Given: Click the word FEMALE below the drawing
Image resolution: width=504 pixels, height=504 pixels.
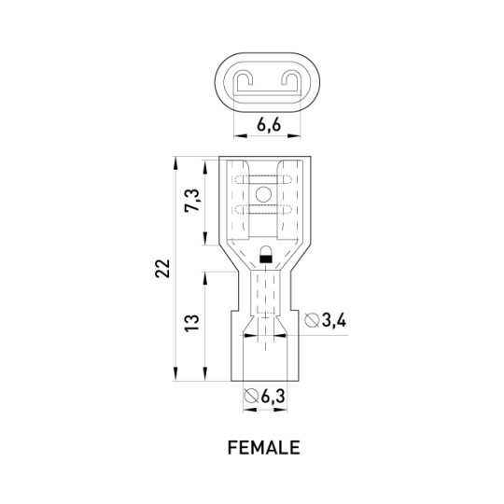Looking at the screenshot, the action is coord(263,447).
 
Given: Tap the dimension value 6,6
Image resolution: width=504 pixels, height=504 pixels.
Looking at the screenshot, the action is coord(269,125).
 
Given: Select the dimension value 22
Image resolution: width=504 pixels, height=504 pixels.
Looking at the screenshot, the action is coord(162,268).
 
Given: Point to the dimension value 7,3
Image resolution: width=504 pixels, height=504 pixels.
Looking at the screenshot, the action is coord(192,200).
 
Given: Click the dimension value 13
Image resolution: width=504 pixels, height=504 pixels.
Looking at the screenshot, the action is coord(192,323).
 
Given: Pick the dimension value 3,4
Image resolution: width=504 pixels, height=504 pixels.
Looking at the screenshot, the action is coord(334,320).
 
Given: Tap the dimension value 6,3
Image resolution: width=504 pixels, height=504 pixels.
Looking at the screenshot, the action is coord(273,396).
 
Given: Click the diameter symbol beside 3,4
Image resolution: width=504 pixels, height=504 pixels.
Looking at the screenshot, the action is coord(312,320).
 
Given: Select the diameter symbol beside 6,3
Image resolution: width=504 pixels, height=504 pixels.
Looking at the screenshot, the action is coord(251,396).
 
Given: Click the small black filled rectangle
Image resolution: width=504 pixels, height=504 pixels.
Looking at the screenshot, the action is coord(265,259).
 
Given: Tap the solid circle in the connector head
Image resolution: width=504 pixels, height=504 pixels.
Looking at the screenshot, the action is coord(263,194).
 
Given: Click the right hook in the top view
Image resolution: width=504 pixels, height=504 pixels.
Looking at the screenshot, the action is coord(289,80).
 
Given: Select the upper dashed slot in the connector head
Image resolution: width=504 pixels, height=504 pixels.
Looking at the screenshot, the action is coord(263,180).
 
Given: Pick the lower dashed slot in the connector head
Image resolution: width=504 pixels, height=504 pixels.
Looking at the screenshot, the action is coord(263,210).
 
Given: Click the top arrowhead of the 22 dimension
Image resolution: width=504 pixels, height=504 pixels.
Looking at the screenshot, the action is coord(175,163).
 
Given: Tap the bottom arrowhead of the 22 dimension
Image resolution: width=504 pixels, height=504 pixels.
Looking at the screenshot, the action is coord(175,374).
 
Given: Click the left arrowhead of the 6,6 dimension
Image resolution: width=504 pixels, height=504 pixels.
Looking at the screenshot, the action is coord(241,136).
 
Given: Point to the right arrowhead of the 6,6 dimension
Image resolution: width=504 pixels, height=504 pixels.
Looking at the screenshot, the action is coord(294,136).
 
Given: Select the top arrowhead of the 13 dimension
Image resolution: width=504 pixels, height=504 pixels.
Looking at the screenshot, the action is coord(204,278).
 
